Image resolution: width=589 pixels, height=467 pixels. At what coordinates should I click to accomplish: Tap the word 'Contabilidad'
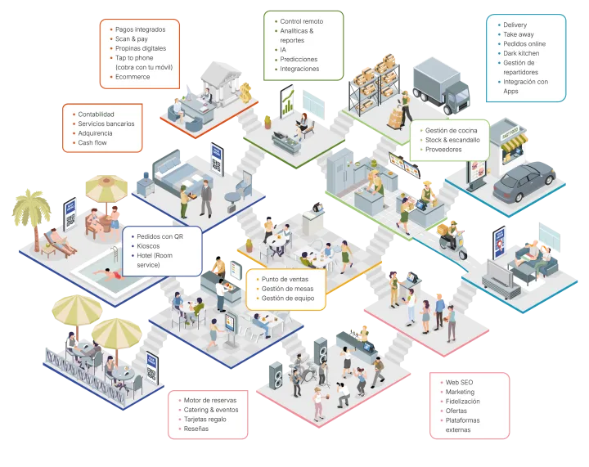click(96, 114)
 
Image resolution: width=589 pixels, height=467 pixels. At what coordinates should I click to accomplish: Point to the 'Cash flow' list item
click(92, 143)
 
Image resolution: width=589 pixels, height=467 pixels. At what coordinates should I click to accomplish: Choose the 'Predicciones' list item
click(299, 60)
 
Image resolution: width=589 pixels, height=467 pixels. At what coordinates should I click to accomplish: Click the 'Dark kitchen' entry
click(521, 53)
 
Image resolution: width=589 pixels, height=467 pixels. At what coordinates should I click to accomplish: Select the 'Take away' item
click(517, 34)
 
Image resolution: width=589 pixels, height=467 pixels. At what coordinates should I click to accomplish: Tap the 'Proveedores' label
click(443, 150)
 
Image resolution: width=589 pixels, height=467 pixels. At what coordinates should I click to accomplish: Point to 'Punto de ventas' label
click(285, 279)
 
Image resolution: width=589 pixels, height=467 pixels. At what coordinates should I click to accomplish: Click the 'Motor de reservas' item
click(209, 400)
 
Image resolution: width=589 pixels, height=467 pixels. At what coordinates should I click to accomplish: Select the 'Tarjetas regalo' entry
click(206, 419)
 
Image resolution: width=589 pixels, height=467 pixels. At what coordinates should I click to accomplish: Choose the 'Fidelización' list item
click(462, 402)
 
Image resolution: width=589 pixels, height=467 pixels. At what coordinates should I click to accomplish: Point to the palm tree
click(33, 213)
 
